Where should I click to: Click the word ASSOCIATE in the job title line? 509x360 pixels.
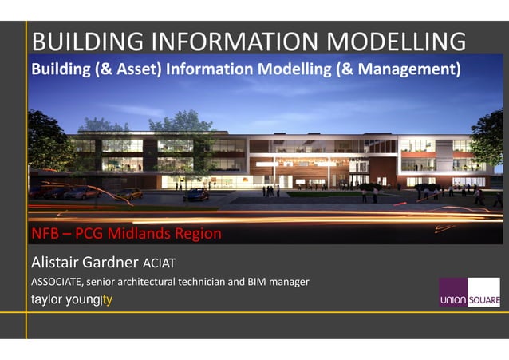(x=57, y=282)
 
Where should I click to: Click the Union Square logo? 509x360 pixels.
(x=469, y=292)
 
